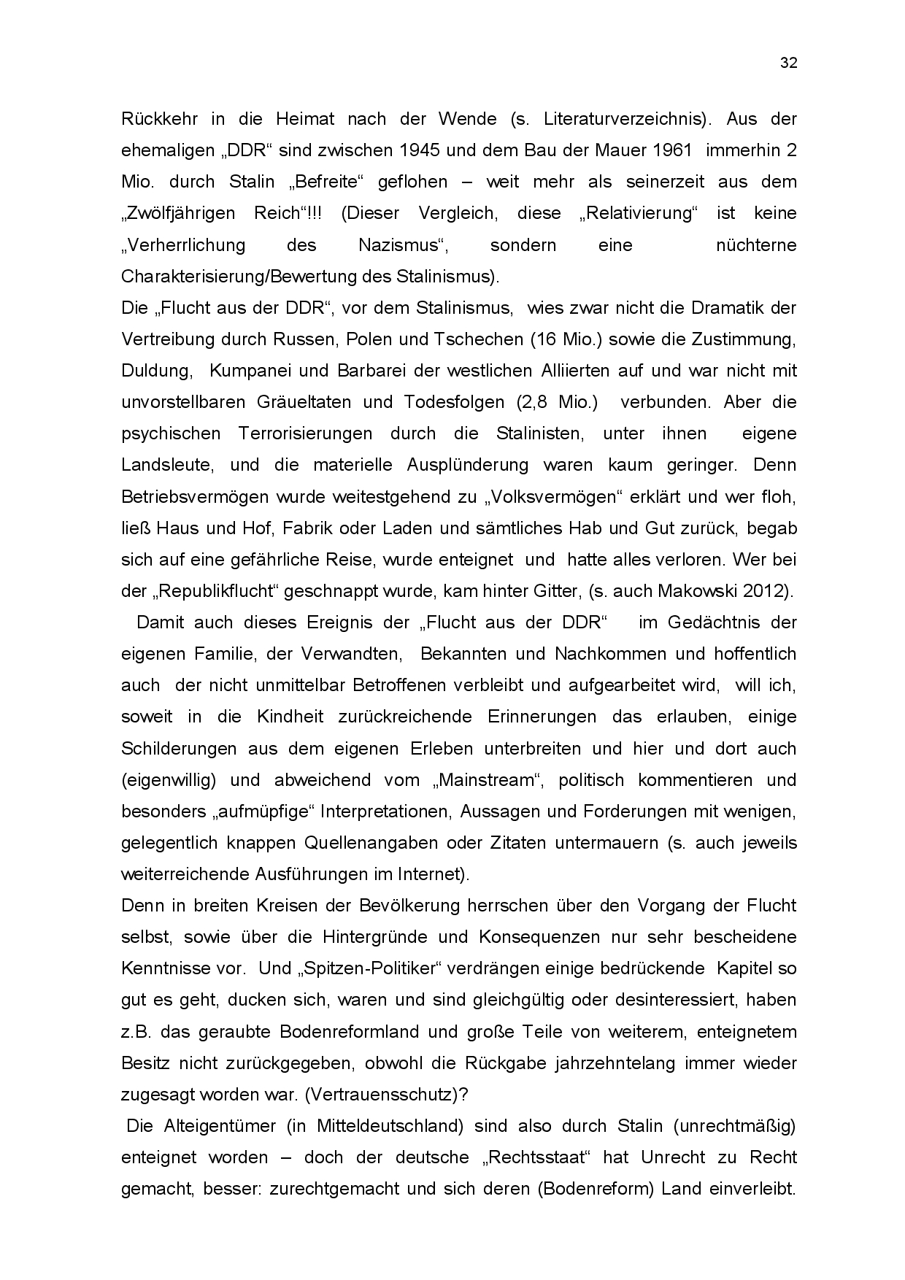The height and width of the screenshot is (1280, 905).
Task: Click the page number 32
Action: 789,63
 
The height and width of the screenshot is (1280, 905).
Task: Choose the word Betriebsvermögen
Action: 194,497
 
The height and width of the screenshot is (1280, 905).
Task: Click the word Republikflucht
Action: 217,591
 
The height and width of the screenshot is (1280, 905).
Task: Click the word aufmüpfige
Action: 265,811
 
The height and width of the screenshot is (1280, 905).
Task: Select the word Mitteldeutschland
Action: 390,1126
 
